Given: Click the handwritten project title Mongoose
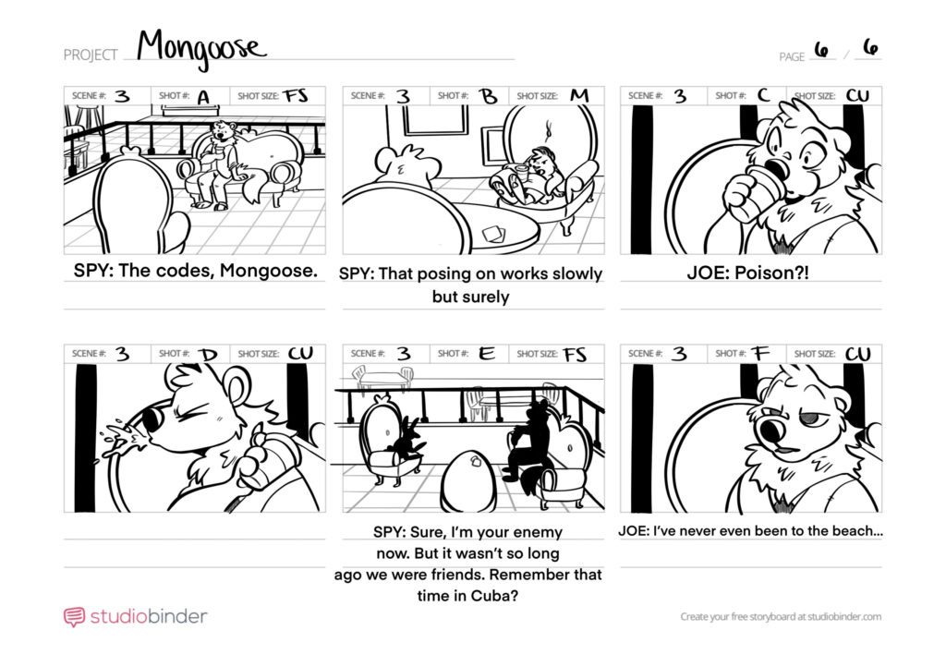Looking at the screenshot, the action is pos(200,48).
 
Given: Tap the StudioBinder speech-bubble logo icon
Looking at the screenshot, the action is pos(74,617).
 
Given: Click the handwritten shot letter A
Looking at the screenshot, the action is pos(204,96).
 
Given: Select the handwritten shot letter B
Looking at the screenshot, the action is pos(488,96).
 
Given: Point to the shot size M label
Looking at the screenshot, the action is pos(579,95).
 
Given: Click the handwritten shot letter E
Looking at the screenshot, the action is pos(486,354).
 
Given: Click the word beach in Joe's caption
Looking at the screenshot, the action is pos(852,531).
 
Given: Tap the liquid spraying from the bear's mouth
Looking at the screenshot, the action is pos(123,443).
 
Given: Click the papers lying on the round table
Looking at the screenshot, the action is pos(493,234).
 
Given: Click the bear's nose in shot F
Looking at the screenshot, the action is pos(770,430).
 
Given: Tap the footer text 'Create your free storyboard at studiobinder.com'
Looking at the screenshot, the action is pos(781,616).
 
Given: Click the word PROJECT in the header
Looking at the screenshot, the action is pos(91,55).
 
